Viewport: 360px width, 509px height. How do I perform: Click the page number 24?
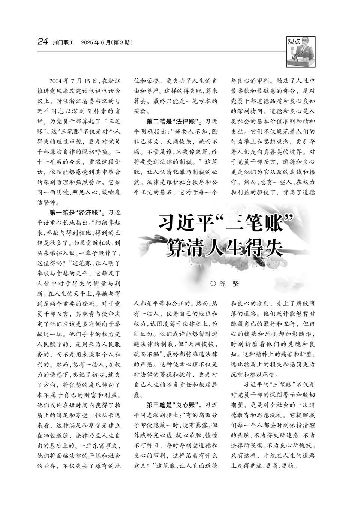pyautogui.click(x=42, y=42)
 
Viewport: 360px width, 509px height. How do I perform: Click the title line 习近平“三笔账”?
pyautogui.click(x=225, y=224)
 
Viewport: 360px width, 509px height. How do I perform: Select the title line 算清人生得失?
pyautogui.click(x=225, y=248)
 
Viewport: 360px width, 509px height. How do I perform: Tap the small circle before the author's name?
pyautogui.click(x=213, y=284)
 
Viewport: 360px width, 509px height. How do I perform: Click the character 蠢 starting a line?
pyautogui.click(x=138, y=395)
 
